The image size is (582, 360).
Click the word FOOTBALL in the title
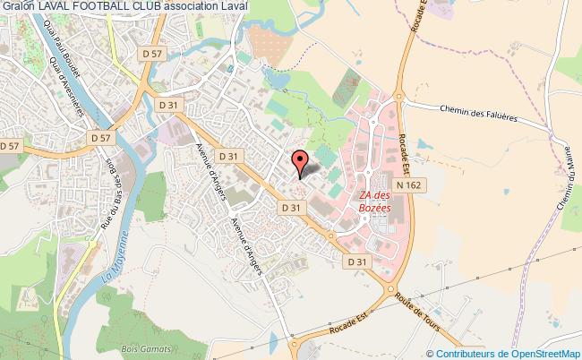(97, 6)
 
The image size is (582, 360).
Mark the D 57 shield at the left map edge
(9, 145)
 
